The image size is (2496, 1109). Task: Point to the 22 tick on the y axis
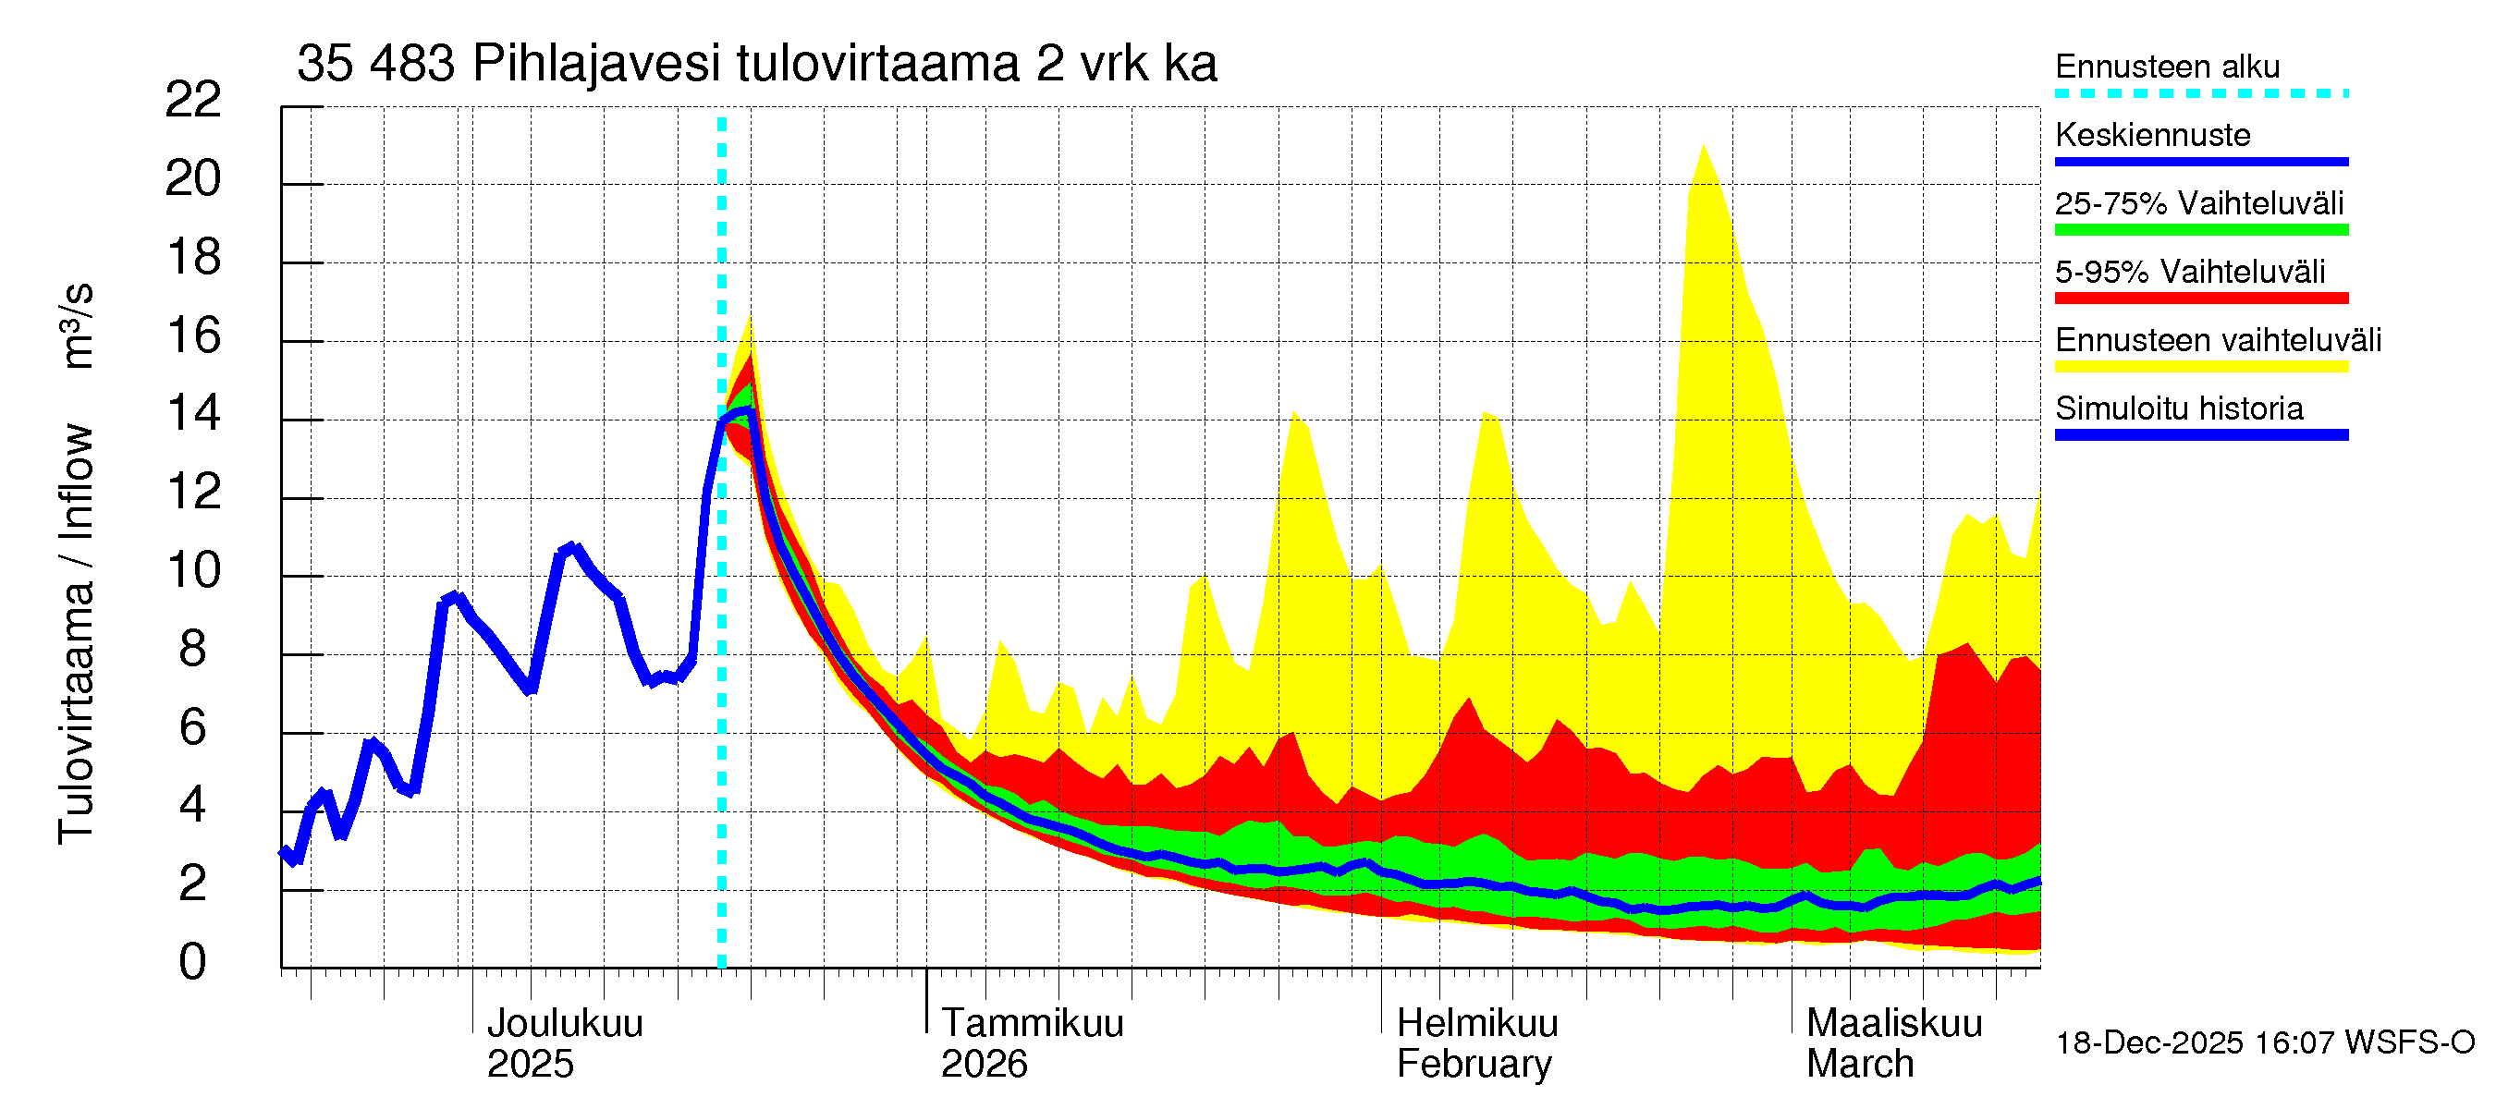pyautogui.click(x=193, y=100)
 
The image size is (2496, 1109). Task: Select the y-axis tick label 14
pyautogui.click(x=193, y=414)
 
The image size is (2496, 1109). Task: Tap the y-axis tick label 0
pyautogui.click(x=193, y=962)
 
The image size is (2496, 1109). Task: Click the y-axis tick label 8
pyautogui.click(x=193, y=649)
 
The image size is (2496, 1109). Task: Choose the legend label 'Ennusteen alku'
pyautogui.click(x=2168, y=67)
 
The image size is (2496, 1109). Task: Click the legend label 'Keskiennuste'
pyautogui.click(x=2152, y=135)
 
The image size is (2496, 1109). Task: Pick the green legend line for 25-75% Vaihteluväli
pyautogui.click(x=2200, y=229)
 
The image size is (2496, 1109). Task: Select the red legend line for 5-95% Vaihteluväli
pyautogui.click(x=2200, y=299)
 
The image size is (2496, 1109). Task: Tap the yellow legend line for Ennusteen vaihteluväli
pyautogui.click(x=2200, y=366)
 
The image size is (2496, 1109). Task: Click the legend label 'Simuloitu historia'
pyautogui.click(x=2179, y=408)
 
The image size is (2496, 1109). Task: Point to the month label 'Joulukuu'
pyautogui.click(x=565, y=1023)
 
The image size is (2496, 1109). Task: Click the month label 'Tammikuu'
pyautogui.click(x=1032, y=1023)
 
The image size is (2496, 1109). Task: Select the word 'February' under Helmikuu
pyautogui.click(x=1474, y=1064)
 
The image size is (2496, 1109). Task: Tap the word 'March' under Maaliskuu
pyautogui.click(x=1859, y=1064)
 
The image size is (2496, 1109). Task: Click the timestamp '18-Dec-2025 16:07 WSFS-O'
pyautogui.click(x=2264, y=1042)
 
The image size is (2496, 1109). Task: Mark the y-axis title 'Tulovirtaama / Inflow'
pyautogui.click(x=76, y=634)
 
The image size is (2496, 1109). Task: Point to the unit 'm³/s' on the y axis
pyautogui.click(x=78, y=325)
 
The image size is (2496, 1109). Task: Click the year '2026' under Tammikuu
pyautogui.click(x=984, y=1064)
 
